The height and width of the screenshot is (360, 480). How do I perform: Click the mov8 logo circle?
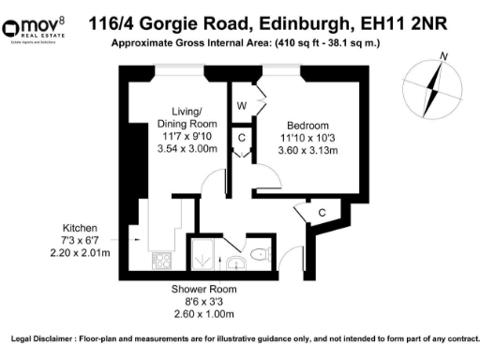(x=15, y=23)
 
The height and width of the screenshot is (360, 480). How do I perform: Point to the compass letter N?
(x=444, y=56)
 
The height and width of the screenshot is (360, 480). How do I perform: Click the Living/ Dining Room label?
(x=187, y=116)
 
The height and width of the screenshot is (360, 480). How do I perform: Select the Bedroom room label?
(x=307, y=126)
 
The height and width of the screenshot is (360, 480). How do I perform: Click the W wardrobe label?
(x=241, y=104)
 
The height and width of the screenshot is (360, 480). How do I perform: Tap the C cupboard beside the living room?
(x=241, y=138)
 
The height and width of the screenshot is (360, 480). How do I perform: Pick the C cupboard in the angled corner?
(x=322, y=213)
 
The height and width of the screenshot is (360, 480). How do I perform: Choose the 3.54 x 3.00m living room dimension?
(x=187, y=147)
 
